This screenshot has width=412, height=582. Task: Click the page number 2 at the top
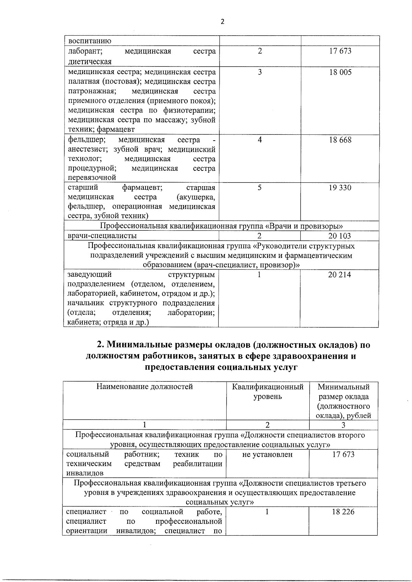point(222,22)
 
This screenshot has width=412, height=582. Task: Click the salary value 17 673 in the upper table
point(340,51)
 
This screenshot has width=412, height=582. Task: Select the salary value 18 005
point(340,72)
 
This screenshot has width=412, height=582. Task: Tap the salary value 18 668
point(340,140)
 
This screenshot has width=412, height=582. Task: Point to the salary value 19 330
point(340,188)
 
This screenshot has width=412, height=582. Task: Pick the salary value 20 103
point(340,236)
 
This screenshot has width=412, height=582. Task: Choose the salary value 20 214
point(340,275)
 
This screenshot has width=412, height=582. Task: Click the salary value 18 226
point(343,512)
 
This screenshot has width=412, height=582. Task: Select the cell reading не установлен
point(267,454)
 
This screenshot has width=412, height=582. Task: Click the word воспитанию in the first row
point(90,41)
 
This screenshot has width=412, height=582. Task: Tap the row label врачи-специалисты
point(102,236)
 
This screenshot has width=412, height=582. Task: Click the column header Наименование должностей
point(145,387)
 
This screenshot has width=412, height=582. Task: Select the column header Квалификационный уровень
point(268,392)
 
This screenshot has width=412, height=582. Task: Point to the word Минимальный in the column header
point(343,387)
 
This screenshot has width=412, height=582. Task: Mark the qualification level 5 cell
point(260,188)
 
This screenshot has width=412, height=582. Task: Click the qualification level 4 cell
point(260,140)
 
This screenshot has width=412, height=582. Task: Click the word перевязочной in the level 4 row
point(92,178)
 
